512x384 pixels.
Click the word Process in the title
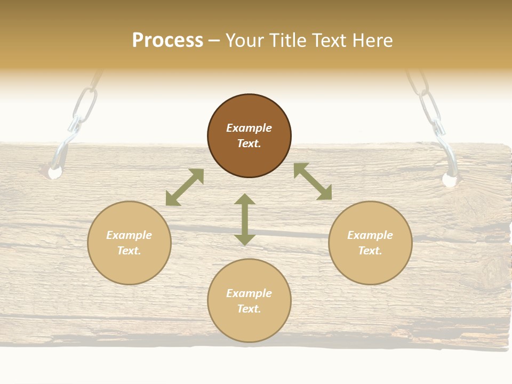point(167,41)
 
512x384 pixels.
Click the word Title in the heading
point(287,41)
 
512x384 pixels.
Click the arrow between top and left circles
point(185,188)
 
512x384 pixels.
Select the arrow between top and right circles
point(313,181)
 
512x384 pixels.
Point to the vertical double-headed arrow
point(245,219)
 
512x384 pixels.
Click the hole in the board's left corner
point(54,172)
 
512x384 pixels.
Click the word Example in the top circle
point(249,128)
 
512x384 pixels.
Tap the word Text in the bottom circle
point(249,309)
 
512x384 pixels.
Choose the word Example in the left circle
point(129,235)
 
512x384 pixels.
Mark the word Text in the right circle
point(370,251)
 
